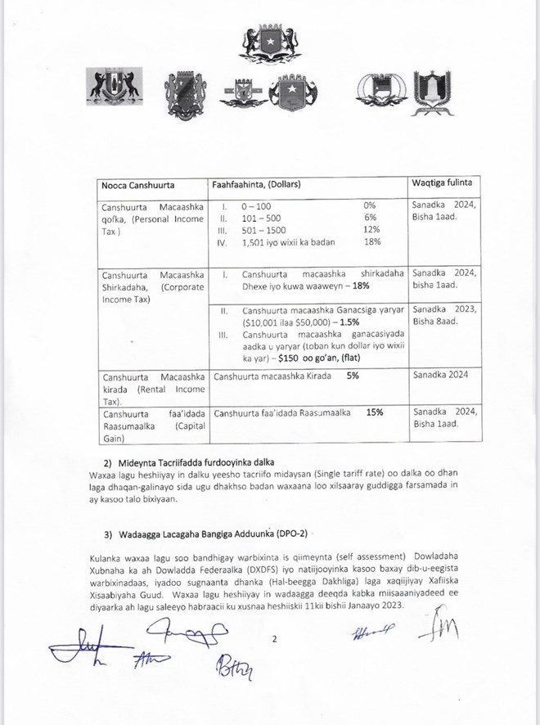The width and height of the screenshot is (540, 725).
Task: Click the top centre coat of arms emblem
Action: click(x=269, y=45)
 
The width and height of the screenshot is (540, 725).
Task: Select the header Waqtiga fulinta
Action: click(x=447, y=181)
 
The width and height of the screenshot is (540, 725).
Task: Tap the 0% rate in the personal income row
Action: click(x=369, y=205)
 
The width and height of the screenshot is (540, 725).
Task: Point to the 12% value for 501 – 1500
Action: click(x=371, y=230)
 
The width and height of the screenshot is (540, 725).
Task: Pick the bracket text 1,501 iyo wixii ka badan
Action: click(x=289, y=243)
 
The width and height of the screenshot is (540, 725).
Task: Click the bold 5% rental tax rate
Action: click(x=353, y=376)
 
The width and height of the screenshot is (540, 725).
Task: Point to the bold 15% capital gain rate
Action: click(x=376, y=412)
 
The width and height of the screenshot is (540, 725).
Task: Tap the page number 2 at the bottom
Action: click(x=276, y=642)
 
